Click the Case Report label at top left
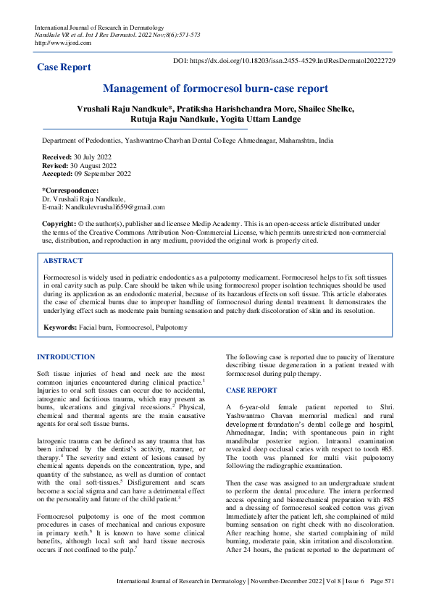coord(64,67)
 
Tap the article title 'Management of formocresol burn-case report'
coord(215,89)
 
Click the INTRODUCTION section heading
coord(66,357)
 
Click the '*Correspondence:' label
coord(70,191)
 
